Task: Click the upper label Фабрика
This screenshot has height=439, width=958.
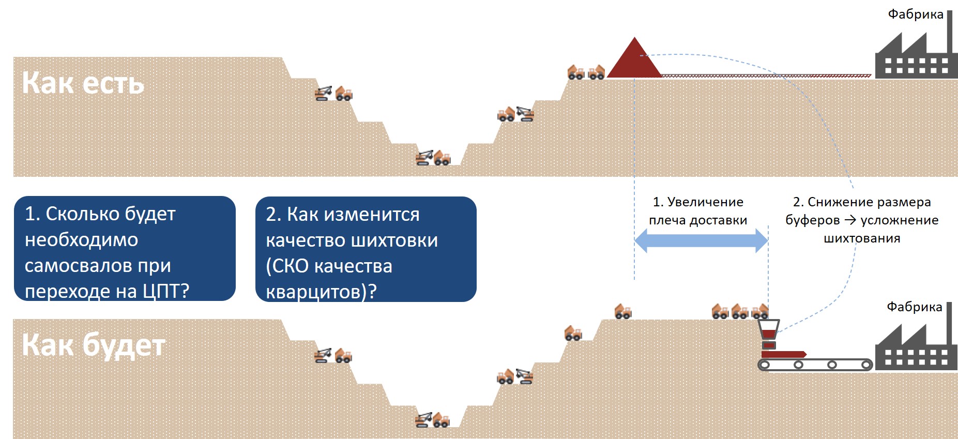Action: pos(916,14)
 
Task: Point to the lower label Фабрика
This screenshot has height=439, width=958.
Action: pos(914,307)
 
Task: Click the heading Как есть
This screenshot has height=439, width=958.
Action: pos(83,83)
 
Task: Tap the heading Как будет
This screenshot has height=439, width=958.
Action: pos(94,345)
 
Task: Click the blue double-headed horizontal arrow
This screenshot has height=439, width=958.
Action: pos(701,240)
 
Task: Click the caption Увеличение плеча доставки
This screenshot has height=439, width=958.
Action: pos(698,211)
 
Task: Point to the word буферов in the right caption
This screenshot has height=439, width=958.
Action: pos(812,220)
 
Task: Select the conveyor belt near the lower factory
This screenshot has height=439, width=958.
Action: pos(815,365)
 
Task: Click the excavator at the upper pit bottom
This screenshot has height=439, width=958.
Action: pos(424,158)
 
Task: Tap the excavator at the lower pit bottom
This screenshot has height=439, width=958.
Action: pos(424,420)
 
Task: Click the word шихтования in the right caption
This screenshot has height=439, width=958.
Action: pos(861,238)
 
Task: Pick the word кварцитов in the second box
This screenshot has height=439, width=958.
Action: pos(315,292)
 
